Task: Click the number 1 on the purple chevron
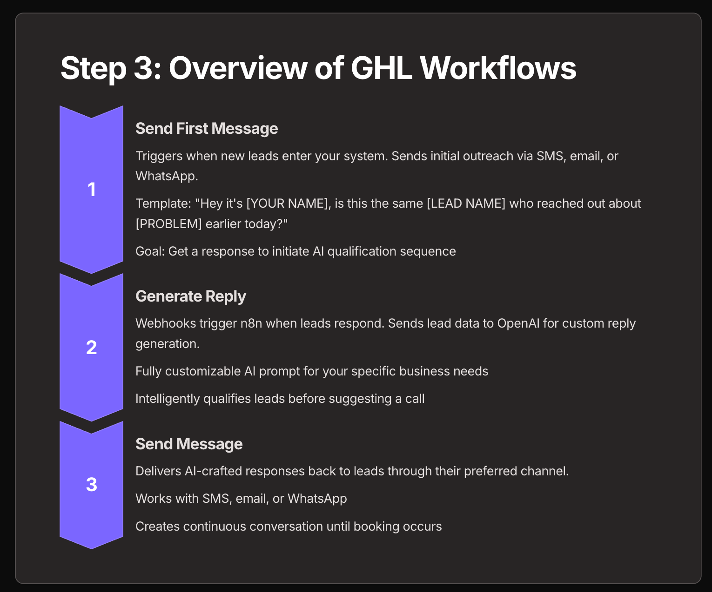91,190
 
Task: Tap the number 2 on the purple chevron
91,348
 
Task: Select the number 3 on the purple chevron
91,484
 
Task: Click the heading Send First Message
207,129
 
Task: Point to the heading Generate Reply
191,296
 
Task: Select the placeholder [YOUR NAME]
287,204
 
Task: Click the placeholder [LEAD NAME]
466,204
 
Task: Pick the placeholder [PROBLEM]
169,224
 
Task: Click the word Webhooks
166,323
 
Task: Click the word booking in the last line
376,526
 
